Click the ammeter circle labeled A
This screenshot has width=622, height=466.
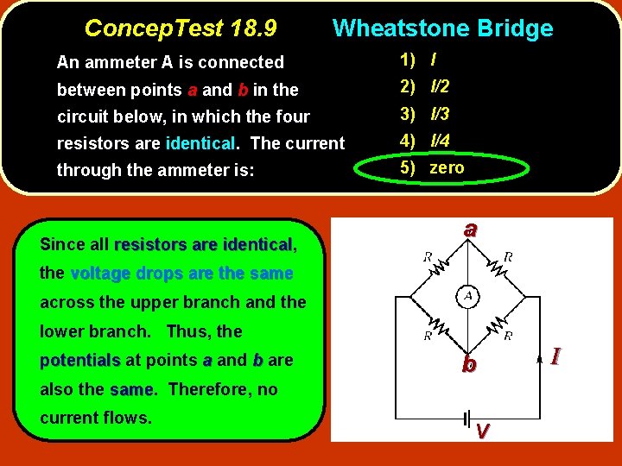(x=468, y=297)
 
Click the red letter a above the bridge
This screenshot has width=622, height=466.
(x=469, y=230)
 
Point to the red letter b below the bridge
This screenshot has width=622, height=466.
(x=468, y=364)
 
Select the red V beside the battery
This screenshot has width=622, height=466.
(x=484, y=430)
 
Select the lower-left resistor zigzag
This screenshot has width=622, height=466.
(x=435, y=325)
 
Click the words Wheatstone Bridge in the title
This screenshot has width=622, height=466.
(x=442, y=28)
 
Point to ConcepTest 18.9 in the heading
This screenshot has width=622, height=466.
(x=181, y=28)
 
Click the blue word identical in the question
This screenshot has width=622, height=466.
(x=200, y=143)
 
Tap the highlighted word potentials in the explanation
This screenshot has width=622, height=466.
(x=79, y=361)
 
